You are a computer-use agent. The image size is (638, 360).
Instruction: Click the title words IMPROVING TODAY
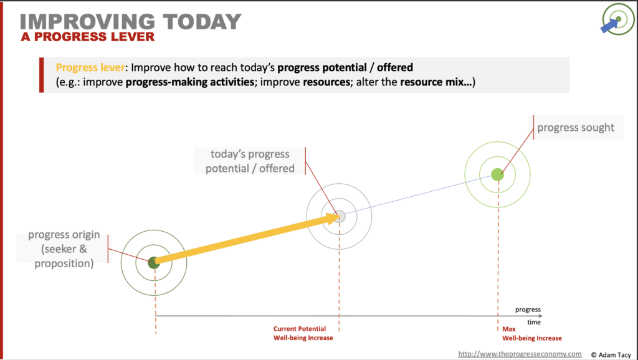tap(131, 22)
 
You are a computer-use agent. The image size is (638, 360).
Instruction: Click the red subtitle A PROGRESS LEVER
tap(88, 37)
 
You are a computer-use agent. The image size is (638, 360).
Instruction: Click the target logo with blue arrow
tap(617, 19)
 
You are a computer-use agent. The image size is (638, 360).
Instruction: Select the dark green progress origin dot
tap(154, 263)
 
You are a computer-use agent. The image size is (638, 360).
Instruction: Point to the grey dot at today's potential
tap(340, 216)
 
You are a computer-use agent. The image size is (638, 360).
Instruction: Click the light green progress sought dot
tap(498, 174)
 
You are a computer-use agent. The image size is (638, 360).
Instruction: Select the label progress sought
tap(576, 127)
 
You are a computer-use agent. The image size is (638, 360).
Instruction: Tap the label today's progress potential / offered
tap(250, 161)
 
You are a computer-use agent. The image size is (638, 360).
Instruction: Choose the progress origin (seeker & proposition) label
tap(64, 249)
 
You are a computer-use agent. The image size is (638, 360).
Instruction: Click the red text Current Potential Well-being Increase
tap(303, 333)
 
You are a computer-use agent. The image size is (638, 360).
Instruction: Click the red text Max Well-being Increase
tap(532, 334)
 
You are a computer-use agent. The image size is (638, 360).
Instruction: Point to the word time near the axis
tap(534, 322)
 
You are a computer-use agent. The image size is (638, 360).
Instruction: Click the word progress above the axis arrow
tap(528, 310)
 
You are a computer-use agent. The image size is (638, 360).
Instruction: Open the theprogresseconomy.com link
tap(520, 354)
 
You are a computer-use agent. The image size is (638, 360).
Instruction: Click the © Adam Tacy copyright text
tap(611, 355)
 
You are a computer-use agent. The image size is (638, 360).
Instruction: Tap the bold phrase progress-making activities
tap(190, 82)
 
